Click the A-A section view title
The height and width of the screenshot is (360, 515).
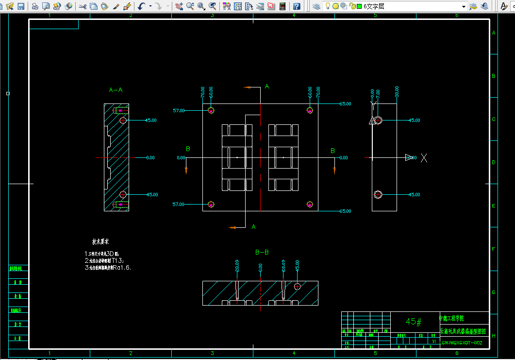tap(116, 90)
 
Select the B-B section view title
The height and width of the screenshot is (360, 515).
tap(262, 252)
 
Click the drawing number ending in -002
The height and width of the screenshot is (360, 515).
tap(461, 343)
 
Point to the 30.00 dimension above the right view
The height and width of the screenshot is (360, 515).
tap(397, 92)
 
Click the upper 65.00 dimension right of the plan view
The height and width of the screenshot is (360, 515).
tap(346, 104)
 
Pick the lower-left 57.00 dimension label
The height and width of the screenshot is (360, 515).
tap(179, 205)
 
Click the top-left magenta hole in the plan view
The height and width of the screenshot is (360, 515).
tap(211, 111)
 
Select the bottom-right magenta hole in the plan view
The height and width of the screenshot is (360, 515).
tap(310, 205)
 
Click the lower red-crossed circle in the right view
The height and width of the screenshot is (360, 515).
tap(378, 194)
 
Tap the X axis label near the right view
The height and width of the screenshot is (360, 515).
tap(424, 157)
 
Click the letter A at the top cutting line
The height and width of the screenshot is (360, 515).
tap(266, 86)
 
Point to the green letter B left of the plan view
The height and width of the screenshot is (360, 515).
tap(188, 149)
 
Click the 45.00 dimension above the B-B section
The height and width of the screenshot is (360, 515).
tap(297, 265)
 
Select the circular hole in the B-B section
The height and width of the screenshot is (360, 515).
tap(297, 286)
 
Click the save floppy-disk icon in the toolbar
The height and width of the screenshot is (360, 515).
tap(21, 6)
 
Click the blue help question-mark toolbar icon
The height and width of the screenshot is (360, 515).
tap(297, 6)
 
